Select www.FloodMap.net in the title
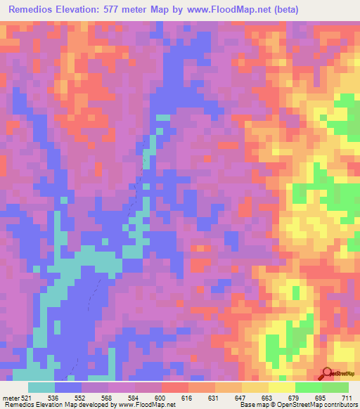(239, 10)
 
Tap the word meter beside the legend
(11, 398)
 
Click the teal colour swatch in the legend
(41, 387)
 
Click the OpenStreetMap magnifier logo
(328, 372)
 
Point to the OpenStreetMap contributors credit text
(316, 405)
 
